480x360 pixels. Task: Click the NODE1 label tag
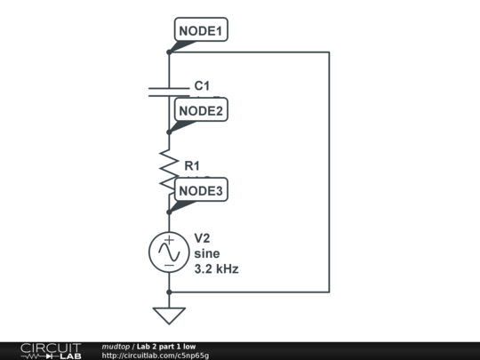[x=202, y=30]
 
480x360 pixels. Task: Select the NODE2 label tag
[x=202, y=110]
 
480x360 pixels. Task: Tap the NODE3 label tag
[x=202, y=189]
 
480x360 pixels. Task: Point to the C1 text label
[x=202, y=86]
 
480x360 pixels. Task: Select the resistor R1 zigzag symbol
[x=169, y=168]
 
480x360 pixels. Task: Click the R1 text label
[x=192, y=165]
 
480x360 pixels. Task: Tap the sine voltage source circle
[x=169, y=252]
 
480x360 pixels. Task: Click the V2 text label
[x=203, y=238]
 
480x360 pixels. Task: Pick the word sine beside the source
[x=206, y=253]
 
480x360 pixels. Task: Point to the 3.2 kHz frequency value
[x=216, y=268]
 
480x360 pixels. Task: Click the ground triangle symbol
[x=169, y=314]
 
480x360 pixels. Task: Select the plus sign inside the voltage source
[x=169, y=241]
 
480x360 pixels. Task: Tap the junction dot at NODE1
[x=169, y=52]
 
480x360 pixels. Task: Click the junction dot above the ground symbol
[x=169, y=291]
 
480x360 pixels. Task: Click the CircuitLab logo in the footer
[x=51, y=350]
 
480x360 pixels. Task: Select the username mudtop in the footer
[x=116, y=346]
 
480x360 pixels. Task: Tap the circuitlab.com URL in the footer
[x=156, y=356]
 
